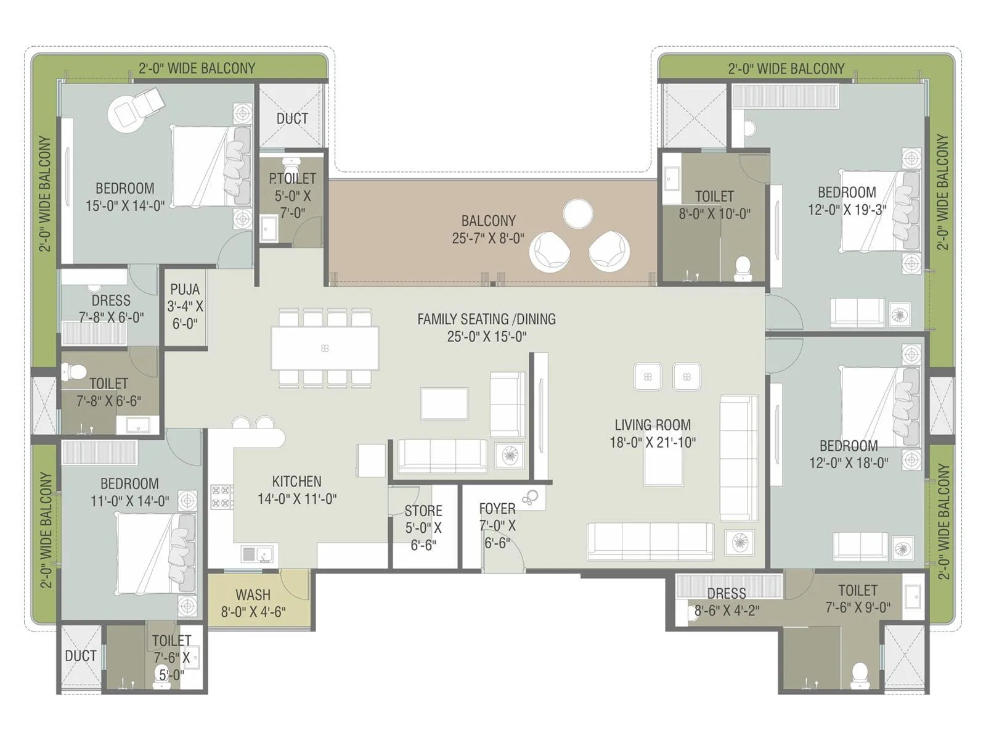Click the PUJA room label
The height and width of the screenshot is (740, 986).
(x=185, y=290)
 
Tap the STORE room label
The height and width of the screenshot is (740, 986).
(x=423, y=511)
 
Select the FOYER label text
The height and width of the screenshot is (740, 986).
(x=497, y=509)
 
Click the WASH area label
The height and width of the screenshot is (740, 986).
(x=253, y=595)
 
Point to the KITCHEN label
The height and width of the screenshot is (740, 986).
(x=296, y=481)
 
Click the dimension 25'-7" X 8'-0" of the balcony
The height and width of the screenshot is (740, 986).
(x=488, y=238)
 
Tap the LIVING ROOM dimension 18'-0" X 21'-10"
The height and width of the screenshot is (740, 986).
(x=652, y=442)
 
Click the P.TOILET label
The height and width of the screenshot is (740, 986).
(x=292, y=179)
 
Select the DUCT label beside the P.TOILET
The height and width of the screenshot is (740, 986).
(x=292, y=118)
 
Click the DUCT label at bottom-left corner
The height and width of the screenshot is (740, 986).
(x=81, y=656)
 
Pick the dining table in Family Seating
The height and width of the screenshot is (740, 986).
(x=325, y=348)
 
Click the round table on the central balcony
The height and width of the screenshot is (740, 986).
(x=578, y=213)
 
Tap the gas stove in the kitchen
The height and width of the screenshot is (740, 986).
(x=222, y=496)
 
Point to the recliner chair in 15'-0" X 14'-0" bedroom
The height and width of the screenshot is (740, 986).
(x=134, y=107)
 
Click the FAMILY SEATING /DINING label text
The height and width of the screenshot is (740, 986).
(x=486, y=319)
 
